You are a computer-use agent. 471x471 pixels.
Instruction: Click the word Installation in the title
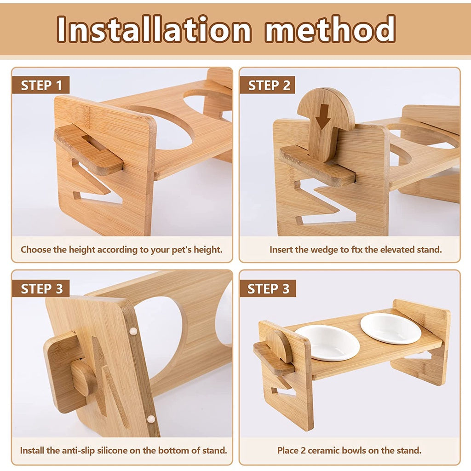pos(154,29)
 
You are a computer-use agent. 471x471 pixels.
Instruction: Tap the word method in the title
pos(330,29)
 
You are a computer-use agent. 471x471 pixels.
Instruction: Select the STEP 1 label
pos(41,85)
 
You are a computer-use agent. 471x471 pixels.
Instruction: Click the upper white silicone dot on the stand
pos(133,331)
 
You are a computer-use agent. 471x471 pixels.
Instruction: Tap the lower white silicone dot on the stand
pos(151,419)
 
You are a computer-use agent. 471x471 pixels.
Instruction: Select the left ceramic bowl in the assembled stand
pos(327,343)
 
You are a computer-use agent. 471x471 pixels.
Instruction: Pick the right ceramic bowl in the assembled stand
pos(391,328)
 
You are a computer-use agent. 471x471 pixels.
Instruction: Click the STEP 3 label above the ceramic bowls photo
pos(268,289)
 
